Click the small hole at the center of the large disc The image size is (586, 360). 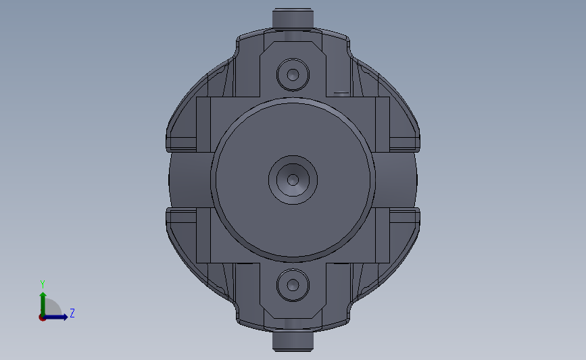click(293, 180)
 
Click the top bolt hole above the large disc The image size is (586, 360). click(293, 75)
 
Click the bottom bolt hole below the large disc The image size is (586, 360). click(293, 285)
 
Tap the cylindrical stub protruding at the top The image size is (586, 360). click(293, 18)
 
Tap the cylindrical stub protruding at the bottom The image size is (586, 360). click(293, 341)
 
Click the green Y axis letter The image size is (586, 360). click(43, 284)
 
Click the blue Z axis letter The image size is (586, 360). click(72, 313)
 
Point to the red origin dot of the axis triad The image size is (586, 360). click(42, 317)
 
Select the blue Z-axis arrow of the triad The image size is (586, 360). click(55, 317)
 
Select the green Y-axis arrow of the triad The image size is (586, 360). click(43, 305)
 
